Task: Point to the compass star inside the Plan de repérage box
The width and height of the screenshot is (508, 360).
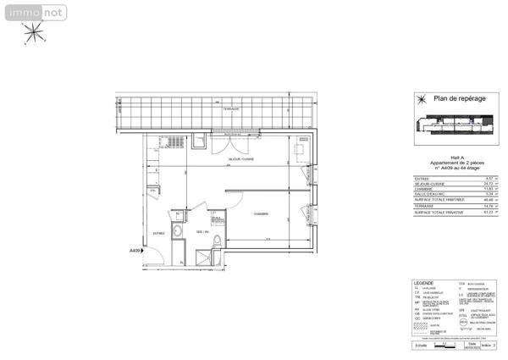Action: tap(419, 99)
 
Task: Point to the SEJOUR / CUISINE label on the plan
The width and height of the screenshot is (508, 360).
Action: tap(241, 158)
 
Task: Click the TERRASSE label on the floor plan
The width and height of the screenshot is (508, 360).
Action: tap(231, 108)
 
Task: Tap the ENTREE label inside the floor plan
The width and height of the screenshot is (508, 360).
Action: tap(158, 232)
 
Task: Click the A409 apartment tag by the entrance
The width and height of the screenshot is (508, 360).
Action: tap(135, 251)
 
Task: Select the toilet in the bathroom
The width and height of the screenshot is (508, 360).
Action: tap(217, 245)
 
